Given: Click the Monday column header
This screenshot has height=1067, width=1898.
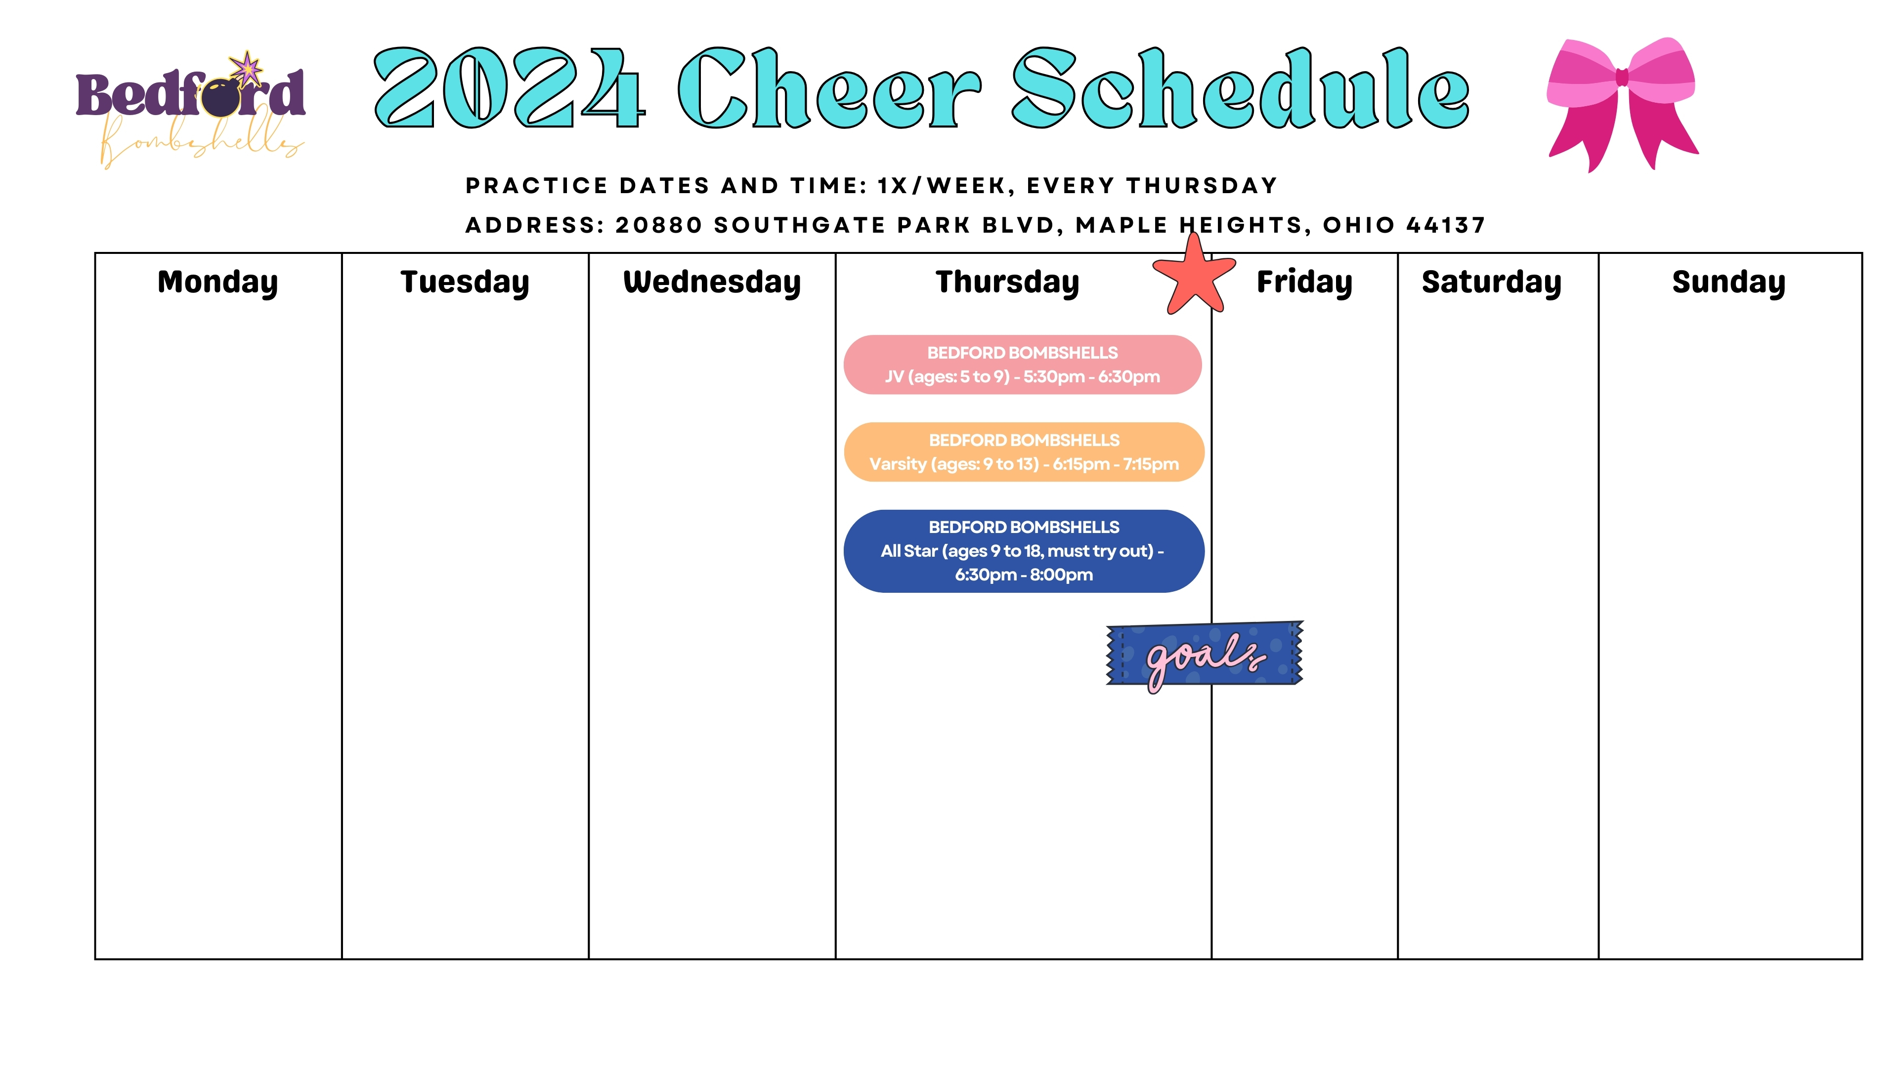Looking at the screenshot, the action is coord(217,283).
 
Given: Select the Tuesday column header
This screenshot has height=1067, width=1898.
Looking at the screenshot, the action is coord(465,283).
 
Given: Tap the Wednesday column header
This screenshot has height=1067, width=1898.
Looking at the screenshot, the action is coord(712,283).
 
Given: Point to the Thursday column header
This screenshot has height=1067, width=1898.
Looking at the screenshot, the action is coord(1007,283).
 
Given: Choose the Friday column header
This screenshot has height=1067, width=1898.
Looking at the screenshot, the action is coord(1304,283).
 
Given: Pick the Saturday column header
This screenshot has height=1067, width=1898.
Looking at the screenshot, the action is coord(1491,283).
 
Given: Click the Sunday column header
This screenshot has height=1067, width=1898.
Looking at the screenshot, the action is coord(1728,283).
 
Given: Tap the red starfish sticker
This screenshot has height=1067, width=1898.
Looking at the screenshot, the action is coord(1194,276).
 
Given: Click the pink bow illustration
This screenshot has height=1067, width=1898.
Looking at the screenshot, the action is coord(1622,103).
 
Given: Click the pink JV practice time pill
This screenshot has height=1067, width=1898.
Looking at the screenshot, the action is coord(1023,365).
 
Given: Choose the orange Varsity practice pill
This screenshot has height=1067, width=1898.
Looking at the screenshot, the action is coord(1024,452).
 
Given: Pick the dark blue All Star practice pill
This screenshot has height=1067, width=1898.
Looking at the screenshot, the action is coord(1024,551).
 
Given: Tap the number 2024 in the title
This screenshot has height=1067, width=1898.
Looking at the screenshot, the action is coord(510,88).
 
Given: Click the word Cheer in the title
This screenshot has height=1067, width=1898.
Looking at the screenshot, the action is coord(830,88).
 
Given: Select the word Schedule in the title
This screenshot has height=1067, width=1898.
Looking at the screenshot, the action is coord(1241,88).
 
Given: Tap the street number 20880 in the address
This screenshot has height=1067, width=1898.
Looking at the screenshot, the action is coord(659,225).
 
